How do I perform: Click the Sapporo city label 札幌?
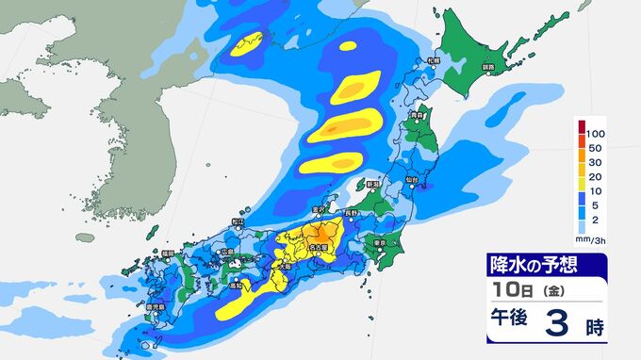(x=434, y=61)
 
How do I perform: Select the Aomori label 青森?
(x=416, y=116)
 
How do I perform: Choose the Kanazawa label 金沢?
(x=320, y=210)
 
